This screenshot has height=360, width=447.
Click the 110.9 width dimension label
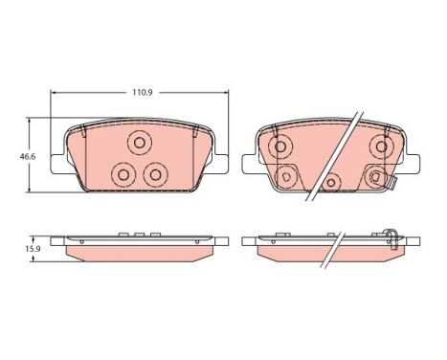tap(143, 93)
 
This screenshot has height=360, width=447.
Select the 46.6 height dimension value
tap(28, 157)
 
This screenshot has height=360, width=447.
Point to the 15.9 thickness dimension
tap(33, 249)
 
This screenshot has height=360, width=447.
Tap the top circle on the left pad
tap(140, 143)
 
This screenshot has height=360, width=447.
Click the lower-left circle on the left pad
tap(123, 174)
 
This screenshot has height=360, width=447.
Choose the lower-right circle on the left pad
tap(155, 174)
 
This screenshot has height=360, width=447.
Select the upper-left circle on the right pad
tap(280, 146)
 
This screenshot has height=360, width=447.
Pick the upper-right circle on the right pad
tap(381, 146)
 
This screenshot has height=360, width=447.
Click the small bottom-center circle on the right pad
tap(331, 183)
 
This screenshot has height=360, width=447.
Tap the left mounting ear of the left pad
tap(57, 164)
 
